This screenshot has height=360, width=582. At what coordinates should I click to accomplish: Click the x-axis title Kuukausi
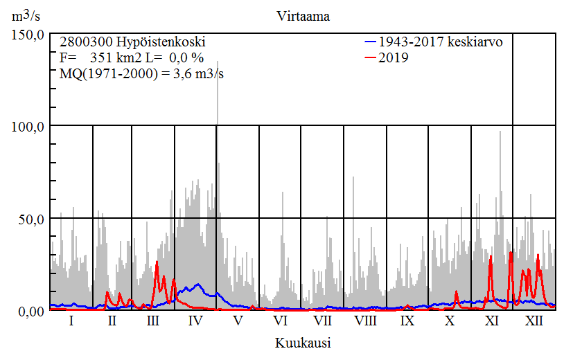[x=302, y=343]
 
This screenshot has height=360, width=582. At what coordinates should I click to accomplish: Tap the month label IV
[x=195, y=321]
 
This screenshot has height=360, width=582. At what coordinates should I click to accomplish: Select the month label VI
[x=281, y=321]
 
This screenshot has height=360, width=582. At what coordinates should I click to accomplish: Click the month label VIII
[x=365, y=321]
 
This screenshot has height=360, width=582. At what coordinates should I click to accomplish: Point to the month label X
[x=450, y=321]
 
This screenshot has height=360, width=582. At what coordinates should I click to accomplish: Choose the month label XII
[x=534, y=321]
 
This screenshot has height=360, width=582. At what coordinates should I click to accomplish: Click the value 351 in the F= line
[x=100, y=57]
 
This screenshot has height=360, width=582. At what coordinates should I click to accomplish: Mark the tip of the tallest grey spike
[x=218, y=61]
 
